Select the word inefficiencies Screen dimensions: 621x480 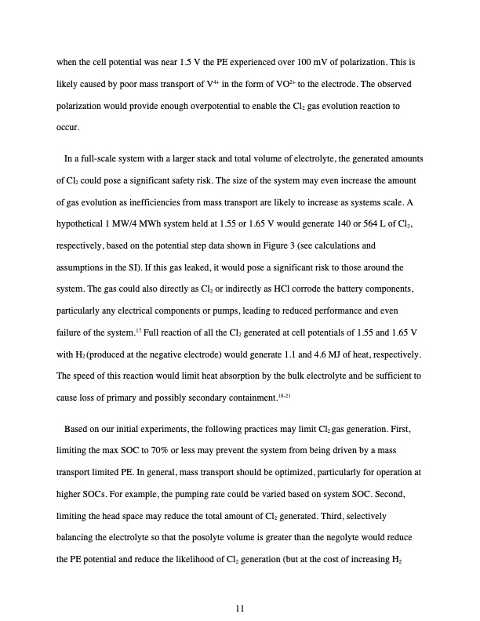pos(173,202)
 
